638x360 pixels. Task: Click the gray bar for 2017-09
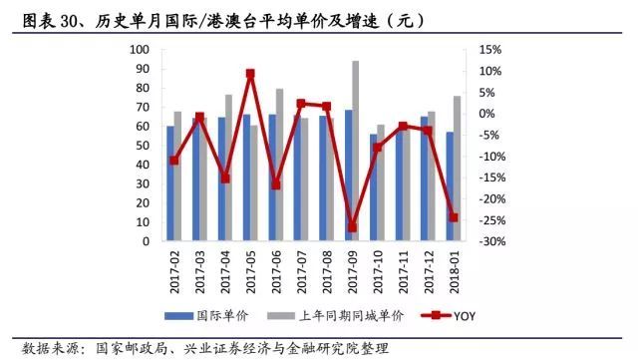(356, 151)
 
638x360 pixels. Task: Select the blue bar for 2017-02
(170, 183)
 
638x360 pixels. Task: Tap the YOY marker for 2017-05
(250, 74)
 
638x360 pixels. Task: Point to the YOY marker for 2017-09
(352, 227)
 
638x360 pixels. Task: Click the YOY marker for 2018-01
(454, 217)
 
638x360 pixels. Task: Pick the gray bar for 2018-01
(458, 169)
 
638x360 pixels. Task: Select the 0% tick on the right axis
(487, 114)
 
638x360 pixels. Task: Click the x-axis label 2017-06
(275, 266)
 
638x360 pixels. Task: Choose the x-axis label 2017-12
(428, 266)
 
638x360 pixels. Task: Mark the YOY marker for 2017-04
(225, 179)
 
